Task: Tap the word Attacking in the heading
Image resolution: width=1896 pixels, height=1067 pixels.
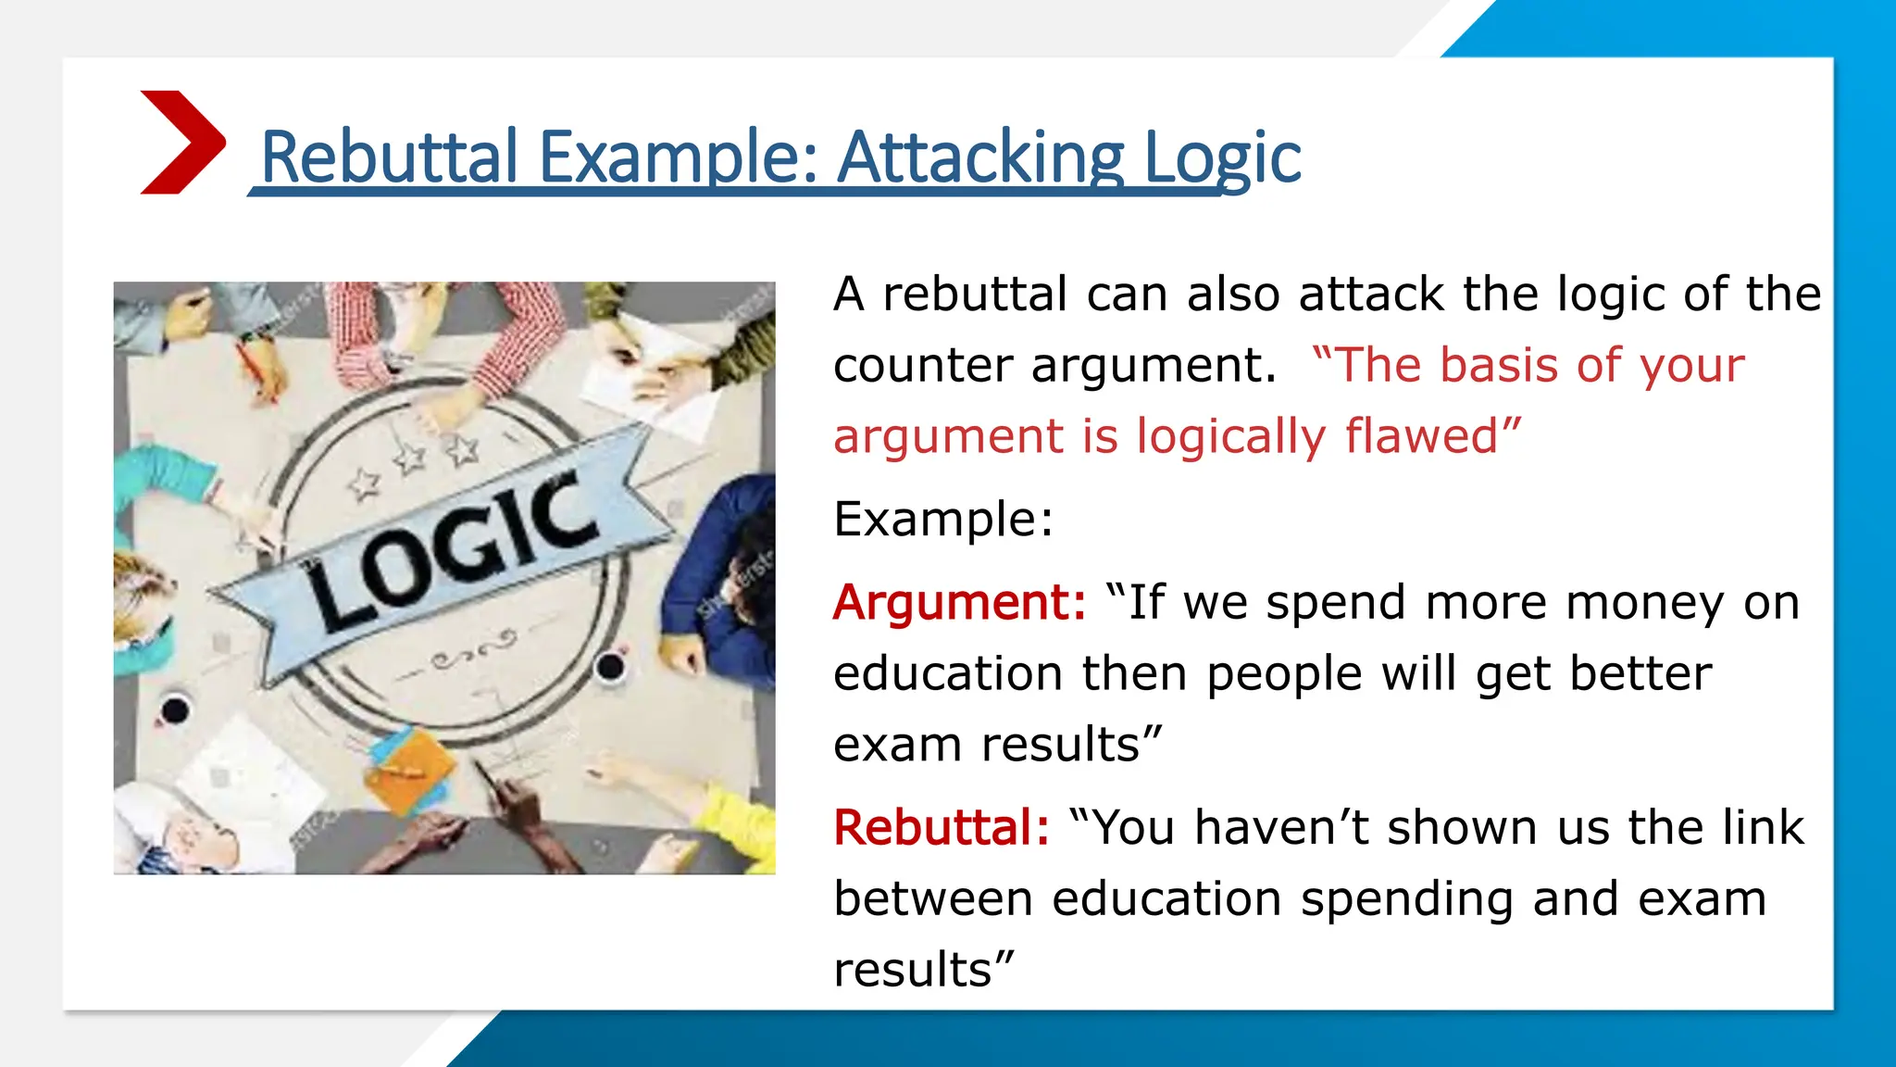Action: [979, 157]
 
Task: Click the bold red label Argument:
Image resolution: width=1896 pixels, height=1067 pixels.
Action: [959, 603]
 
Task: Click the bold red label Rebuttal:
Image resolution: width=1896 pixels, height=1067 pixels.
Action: [941, 828]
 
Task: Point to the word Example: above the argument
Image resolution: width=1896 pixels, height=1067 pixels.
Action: [942, 519]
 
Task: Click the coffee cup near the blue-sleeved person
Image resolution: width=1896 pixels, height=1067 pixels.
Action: [610, 665]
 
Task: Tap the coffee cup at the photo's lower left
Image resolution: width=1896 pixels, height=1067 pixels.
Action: [174, 710]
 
